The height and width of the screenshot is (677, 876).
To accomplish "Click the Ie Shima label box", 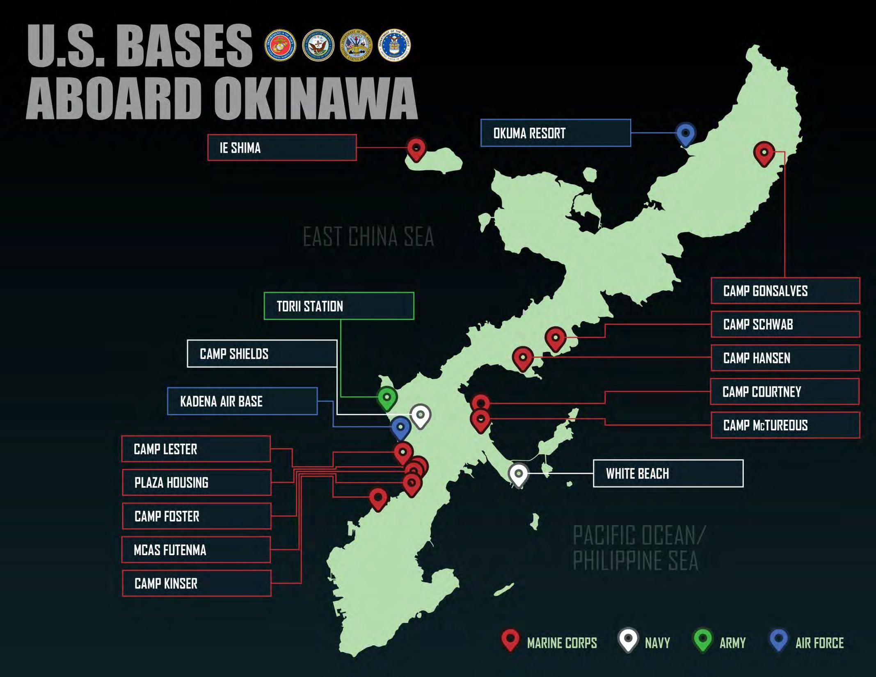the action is pos(282,148).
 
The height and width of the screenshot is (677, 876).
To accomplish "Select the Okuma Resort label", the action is pos(556,133).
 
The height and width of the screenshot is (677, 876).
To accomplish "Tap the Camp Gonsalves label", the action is pos(785,291).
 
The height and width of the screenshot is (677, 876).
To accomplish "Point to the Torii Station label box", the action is pos(339,306).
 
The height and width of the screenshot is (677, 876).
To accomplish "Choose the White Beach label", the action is pos(668,473).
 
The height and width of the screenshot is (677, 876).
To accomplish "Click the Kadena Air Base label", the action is pos(242,401).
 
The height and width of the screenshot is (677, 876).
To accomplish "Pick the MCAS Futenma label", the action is pos(196,550).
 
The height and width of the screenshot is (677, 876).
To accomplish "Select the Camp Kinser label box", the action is pos(197,583).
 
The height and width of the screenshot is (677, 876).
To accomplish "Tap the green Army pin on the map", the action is pos(387,398).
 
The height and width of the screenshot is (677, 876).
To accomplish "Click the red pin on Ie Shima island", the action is pos(416,149).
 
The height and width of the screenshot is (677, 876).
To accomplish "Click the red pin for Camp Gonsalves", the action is pos(764,153).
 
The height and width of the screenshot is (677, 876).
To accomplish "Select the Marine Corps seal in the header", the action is pos(281,46).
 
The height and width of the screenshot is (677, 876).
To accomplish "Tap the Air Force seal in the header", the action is pos(394,46).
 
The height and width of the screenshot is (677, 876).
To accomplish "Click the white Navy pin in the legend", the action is pos(628,640).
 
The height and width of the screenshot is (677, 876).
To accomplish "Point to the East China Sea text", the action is pos(368,237).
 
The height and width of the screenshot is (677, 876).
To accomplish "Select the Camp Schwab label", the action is pos(785,325).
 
